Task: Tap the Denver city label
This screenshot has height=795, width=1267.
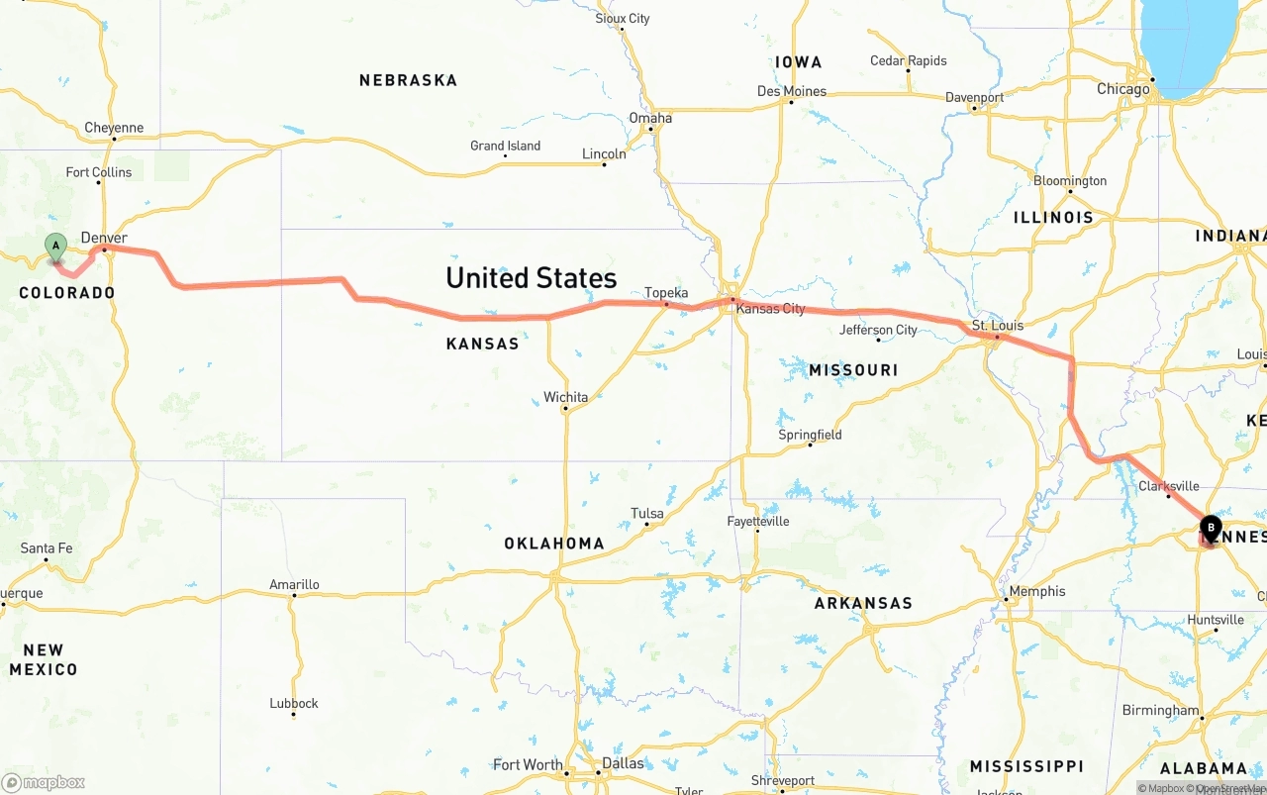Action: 104,238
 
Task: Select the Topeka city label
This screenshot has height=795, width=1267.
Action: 666,293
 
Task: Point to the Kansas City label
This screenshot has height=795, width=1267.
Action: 770,309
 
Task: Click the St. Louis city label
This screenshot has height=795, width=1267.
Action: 997,326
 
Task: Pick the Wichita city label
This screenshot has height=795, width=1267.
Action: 565,397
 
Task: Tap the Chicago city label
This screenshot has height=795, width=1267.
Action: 1122,89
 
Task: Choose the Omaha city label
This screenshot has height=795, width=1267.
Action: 650,118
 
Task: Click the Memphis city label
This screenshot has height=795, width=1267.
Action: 1036,591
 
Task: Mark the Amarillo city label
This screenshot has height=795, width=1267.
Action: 294,585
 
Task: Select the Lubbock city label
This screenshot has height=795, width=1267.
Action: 294,704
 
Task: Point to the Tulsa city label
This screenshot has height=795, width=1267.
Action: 647,513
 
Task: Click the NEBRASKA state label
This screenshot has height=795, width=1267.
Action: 408,80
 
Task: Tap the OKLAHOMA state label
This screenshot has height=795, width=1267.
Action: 554,544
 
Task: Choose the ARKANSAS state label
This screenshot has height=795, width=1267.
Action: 863,603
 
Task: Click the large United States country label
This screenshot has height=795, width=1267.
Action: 531,278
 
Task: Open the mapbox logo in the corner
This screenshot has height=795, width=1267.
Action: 44,782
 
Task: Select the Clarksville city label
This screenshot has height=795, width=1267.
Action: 1168,486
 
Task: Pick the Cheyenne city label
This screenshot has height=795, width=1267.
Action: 114,128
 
